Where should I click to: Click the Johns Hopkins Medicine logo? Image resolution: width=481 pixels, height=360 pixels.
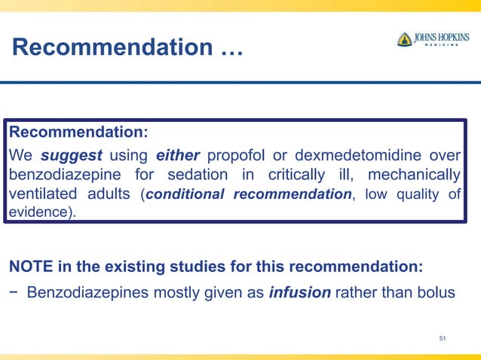tap(434, 40)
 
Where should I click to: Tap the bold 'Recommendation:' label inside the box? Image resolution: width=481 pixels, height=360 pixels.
tap(78, 133)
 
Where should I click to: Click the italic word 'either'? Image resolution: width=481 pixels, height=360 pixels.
tap(178, 156)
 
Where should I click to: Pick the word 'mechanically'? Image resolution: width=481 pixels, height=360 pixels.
tap(411, 175)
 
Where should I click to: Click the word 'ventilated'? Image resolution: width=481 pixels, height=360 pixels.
tap(41, 194)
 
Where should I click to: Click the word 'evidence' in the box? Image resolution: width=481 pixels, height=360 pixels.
tap(38, 212)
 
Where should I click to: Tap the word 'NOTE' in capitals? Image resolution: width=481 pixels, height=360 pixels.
tap(29, 267)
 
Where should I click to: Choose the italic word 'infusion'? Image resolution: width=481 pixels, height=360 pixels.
tap(299, 291)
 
